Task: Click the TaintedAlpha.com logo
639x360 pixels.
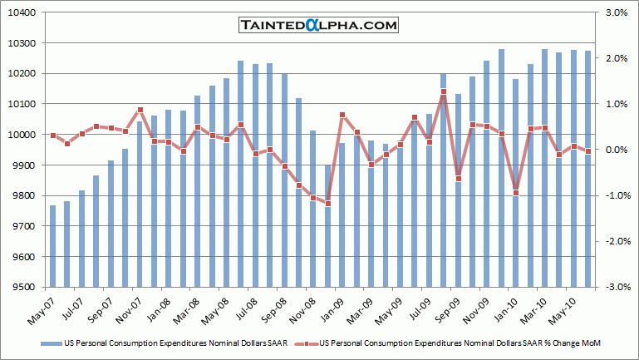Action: click(x=318, y=25)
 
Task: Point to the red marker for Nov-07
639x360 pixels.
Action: click(x=140, y=110)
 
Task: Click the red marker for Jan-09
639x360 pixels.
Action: click(x=342, y=116)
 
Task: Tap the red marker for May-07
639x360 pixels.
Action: click(x=53, y=136)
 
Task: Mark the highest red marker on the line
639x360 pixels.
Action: click(x=444, y=92)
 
